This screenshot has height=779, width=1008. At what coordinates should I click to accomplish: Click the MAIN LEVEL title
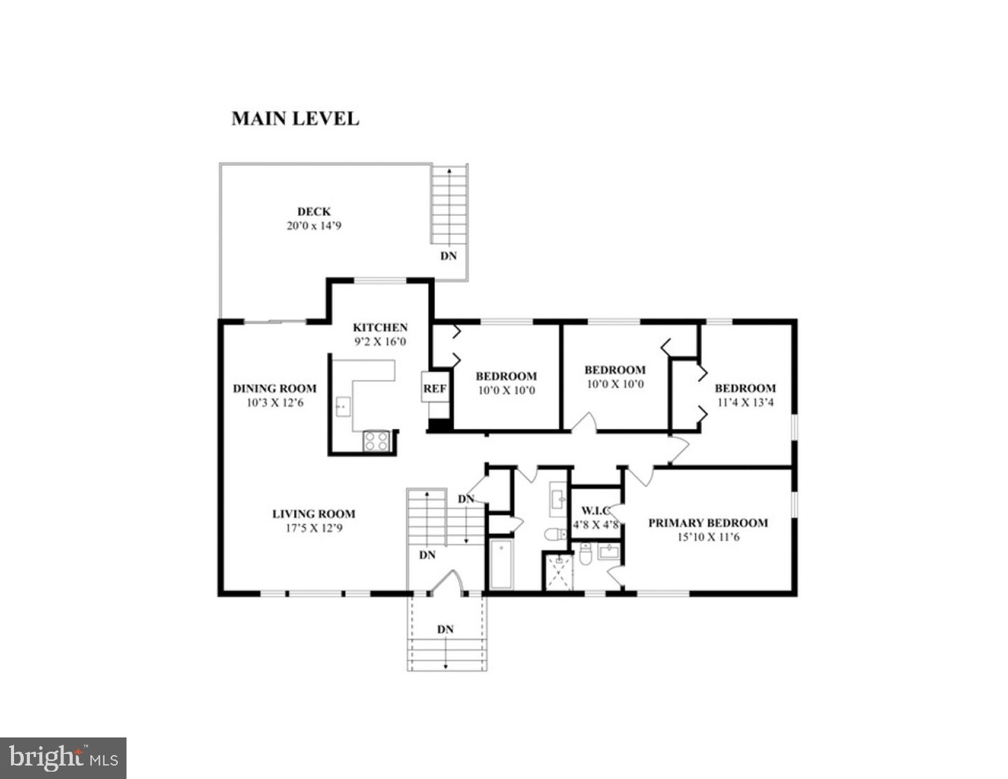295,118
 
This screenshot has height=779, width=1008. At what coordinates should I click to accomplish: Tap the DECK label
314,211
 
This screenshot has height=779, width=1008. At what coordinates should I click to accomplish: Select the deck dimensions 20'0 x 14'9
314,226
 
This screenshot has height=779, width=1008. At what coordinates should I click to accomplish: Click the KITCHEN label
379,327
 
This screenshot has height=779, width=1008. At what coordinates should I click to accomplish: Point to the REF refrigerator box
434,388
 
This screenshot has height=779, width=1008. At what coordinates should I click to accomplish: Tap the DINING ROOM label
274,388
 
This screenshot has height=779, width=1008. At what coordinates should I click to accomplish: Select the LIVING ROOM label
314,514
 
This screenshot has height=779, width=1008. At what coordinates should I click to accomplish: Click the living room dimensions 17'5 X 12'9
314,528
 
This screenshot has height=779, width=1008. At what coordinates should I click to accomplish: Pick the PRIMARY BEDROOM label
708,523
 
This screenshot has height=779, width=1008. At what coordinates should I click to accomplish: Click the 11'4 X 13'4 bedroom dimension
745,402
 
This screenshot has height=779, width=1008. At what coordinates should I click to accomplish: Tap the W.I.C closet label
596,510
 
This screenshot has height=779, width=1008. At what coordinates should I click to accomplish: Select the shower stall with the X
559,570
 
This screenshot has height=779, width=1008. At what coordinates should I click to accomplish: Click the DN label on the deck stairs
448,256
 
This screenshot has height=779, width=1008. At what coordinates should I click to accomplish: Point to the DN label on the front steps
445,629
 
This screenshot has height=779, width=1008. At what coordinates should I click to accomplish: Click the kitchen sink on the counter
343,406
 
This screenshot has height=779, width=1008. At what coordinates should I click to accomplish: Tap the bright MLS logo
63,758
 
